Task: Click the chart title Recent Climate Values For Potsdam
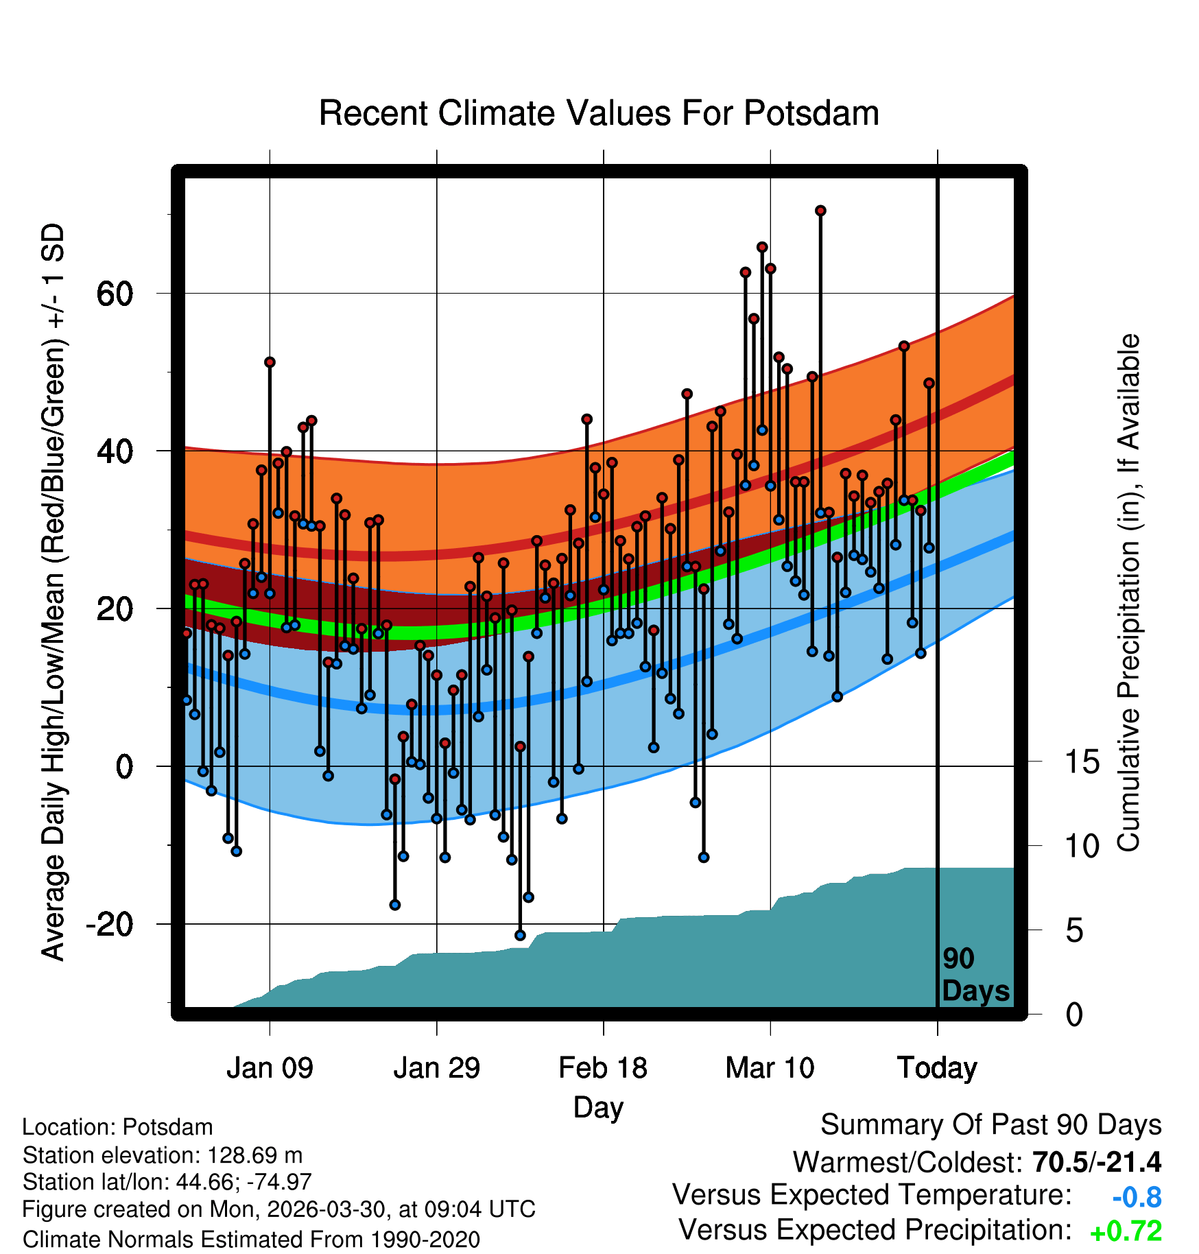tap(599, 113)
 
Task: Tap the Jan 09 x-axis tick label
tap(270, 1067)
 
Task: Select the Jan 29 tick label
tap(437, 1067)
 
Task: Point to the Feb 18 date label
tap(603, 1067)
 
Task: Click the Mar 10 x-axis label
tap(770, 1067)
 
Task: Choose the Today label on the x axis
tap(937, 1068)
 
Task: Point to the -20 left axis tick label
tap(109, 924)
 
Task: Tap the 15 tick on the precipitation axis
tap(1082, 761)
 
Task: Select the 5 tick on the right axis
tap(1074, 930)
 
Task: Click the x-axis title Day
tap(598, 1108)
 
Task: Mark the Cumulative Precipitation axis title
tap(1128, 593)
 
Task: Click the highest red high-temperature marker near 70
tap(820, 211)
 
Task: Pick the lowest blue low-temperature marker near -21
tap(520, 935)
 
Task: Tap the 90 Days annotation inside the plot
tap(975, 975)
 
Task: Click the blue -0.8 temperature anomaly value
tap(1137, 1197)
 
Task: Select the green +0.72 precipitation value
tap(1126, 1231)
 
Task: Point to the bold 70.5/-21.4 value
tap(1097, 1162)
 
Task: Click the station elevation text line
tap(163, 1155)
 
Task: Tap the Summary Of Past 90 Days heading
tap(991, 1125)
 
